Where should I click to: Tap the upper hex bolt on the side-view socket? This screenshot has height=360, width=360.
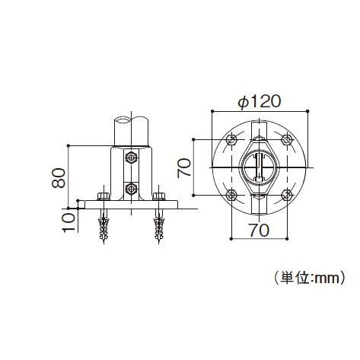pyautogui.click(x=131, y=158)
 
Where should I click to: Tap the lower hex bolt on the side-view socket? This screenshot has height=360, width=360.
pyautogui.click(x=131, y=187)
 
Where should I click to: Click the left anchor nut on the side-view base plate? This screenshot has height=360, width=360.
pyautogui.click(x=103, y=197)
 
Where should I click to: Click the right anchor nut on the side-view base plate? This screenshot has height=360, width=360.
pyautogui.click(x=159, y=197)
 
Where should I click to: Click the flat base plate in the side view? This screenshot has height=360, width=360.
pyautogui.click(x=131, y=205)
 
